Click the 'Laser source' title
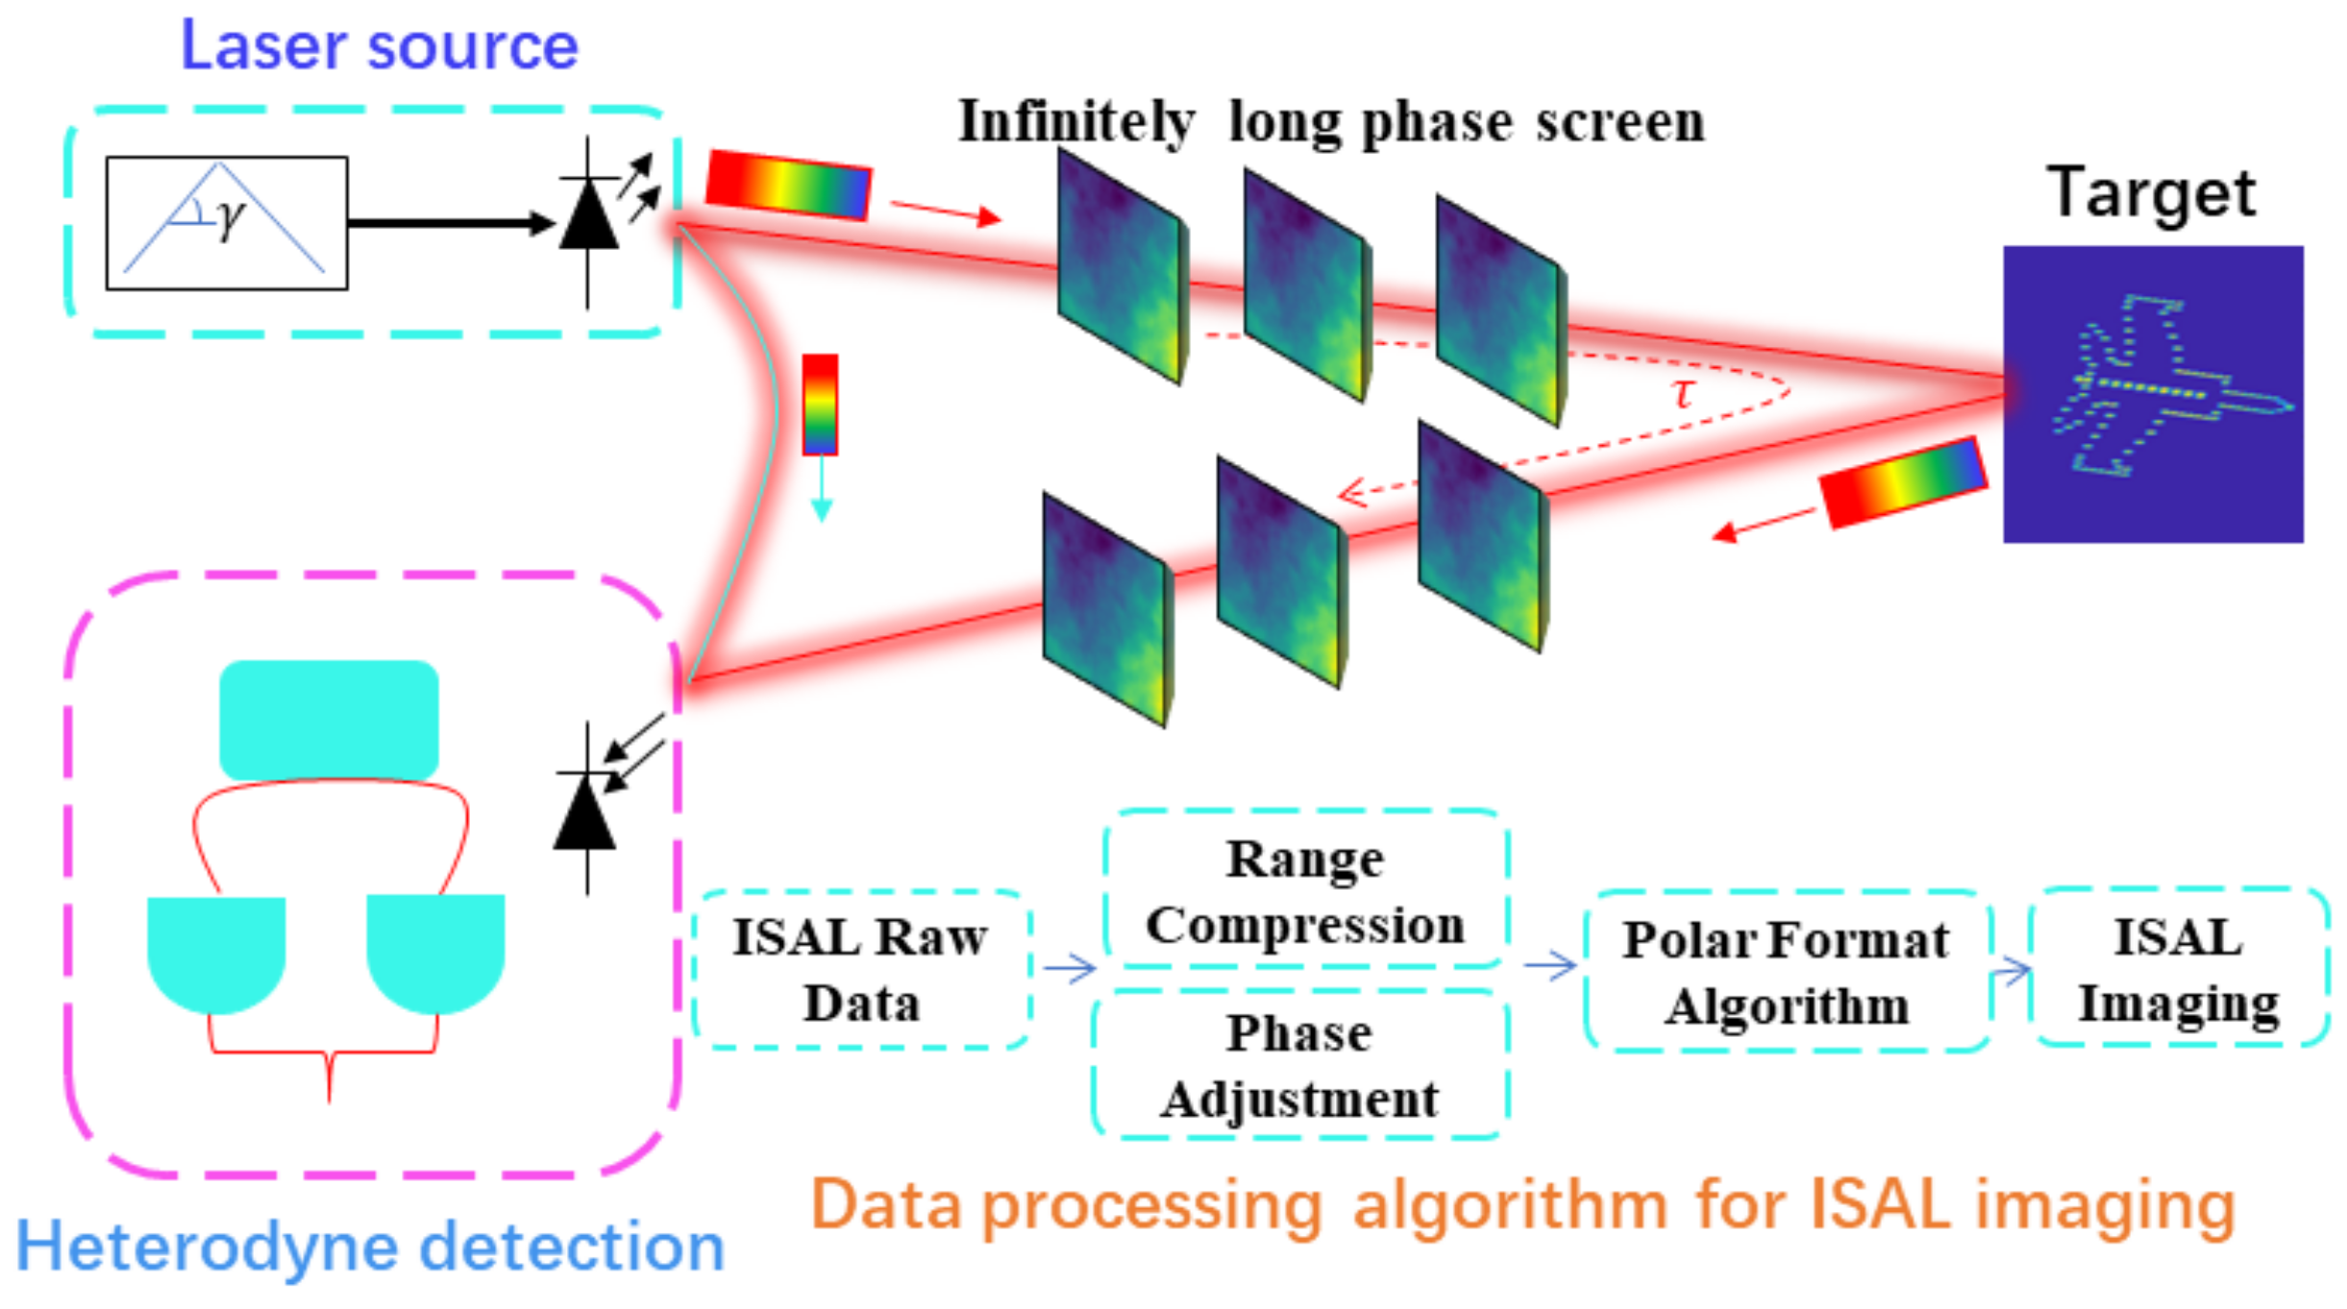(x=380, y=45)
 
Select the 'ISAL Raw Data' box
(x=860, y=969)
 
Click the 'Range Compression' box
(x=1305, y=890)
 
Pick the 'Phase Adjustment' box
(x=1299, y=1065)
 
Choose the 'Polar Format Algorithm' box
(x=1786, y=972)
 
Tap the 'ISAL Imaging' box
(x=2178, y=969)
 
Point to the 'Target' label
(x=2151, y=193)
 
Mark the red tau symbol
(x=1682, y=393)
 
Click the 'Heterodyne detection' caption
(x=371, y=1247)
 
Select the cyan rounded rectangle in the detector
(x=329, y=719)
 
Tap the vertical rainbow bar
(x=820, y=404)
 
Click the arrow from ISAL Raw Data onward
(x=1069, y=967)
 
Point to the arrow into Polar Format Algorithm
(x=1549, y=964)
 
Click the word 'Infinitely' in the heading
(x=1075, y=123)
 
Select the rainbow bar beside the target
(x=1902, y=482)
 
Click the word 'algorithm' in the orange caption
(x=1509, y=1205)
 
